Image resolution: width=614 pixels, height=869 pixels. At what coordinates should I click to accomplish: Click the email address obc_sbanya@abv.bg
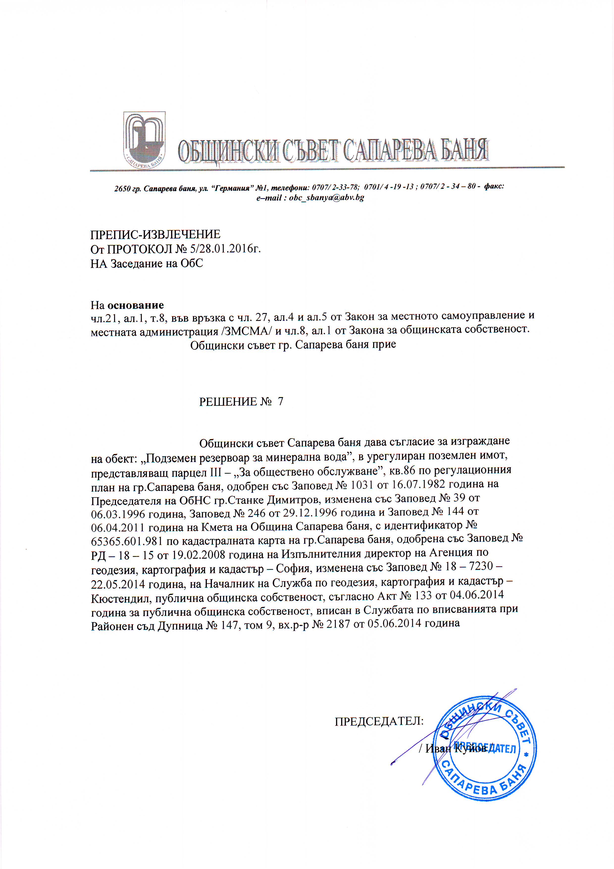pyautogui.click(x=326, y=198)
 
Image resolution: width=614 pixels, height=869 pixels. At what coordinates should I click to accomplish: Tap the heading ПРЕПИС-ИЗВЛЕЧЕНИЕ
pyautogui.click(x=155, y=235)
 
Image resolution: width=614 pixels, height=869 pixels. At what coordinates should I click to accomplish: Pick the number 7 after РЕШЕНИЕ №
pyautogui.click(x=280, y=402)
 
